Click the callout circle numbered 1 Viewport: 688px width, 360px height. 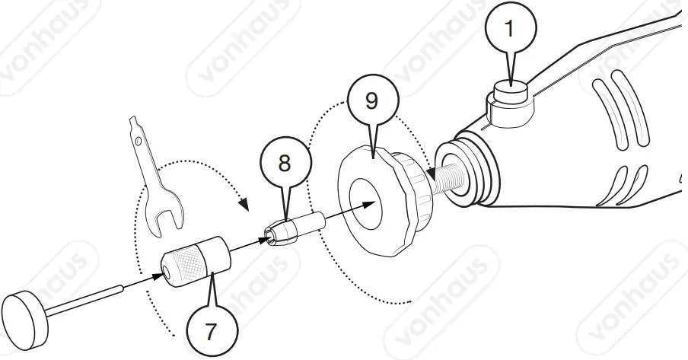pyautogui.click(x=509, y=30)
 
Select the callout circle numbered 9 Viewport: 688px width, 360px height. pyautogui.click(x=371, y=100)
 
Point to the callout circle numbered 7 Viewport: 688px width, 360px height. pyautogui.click(x=211, y=330)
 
